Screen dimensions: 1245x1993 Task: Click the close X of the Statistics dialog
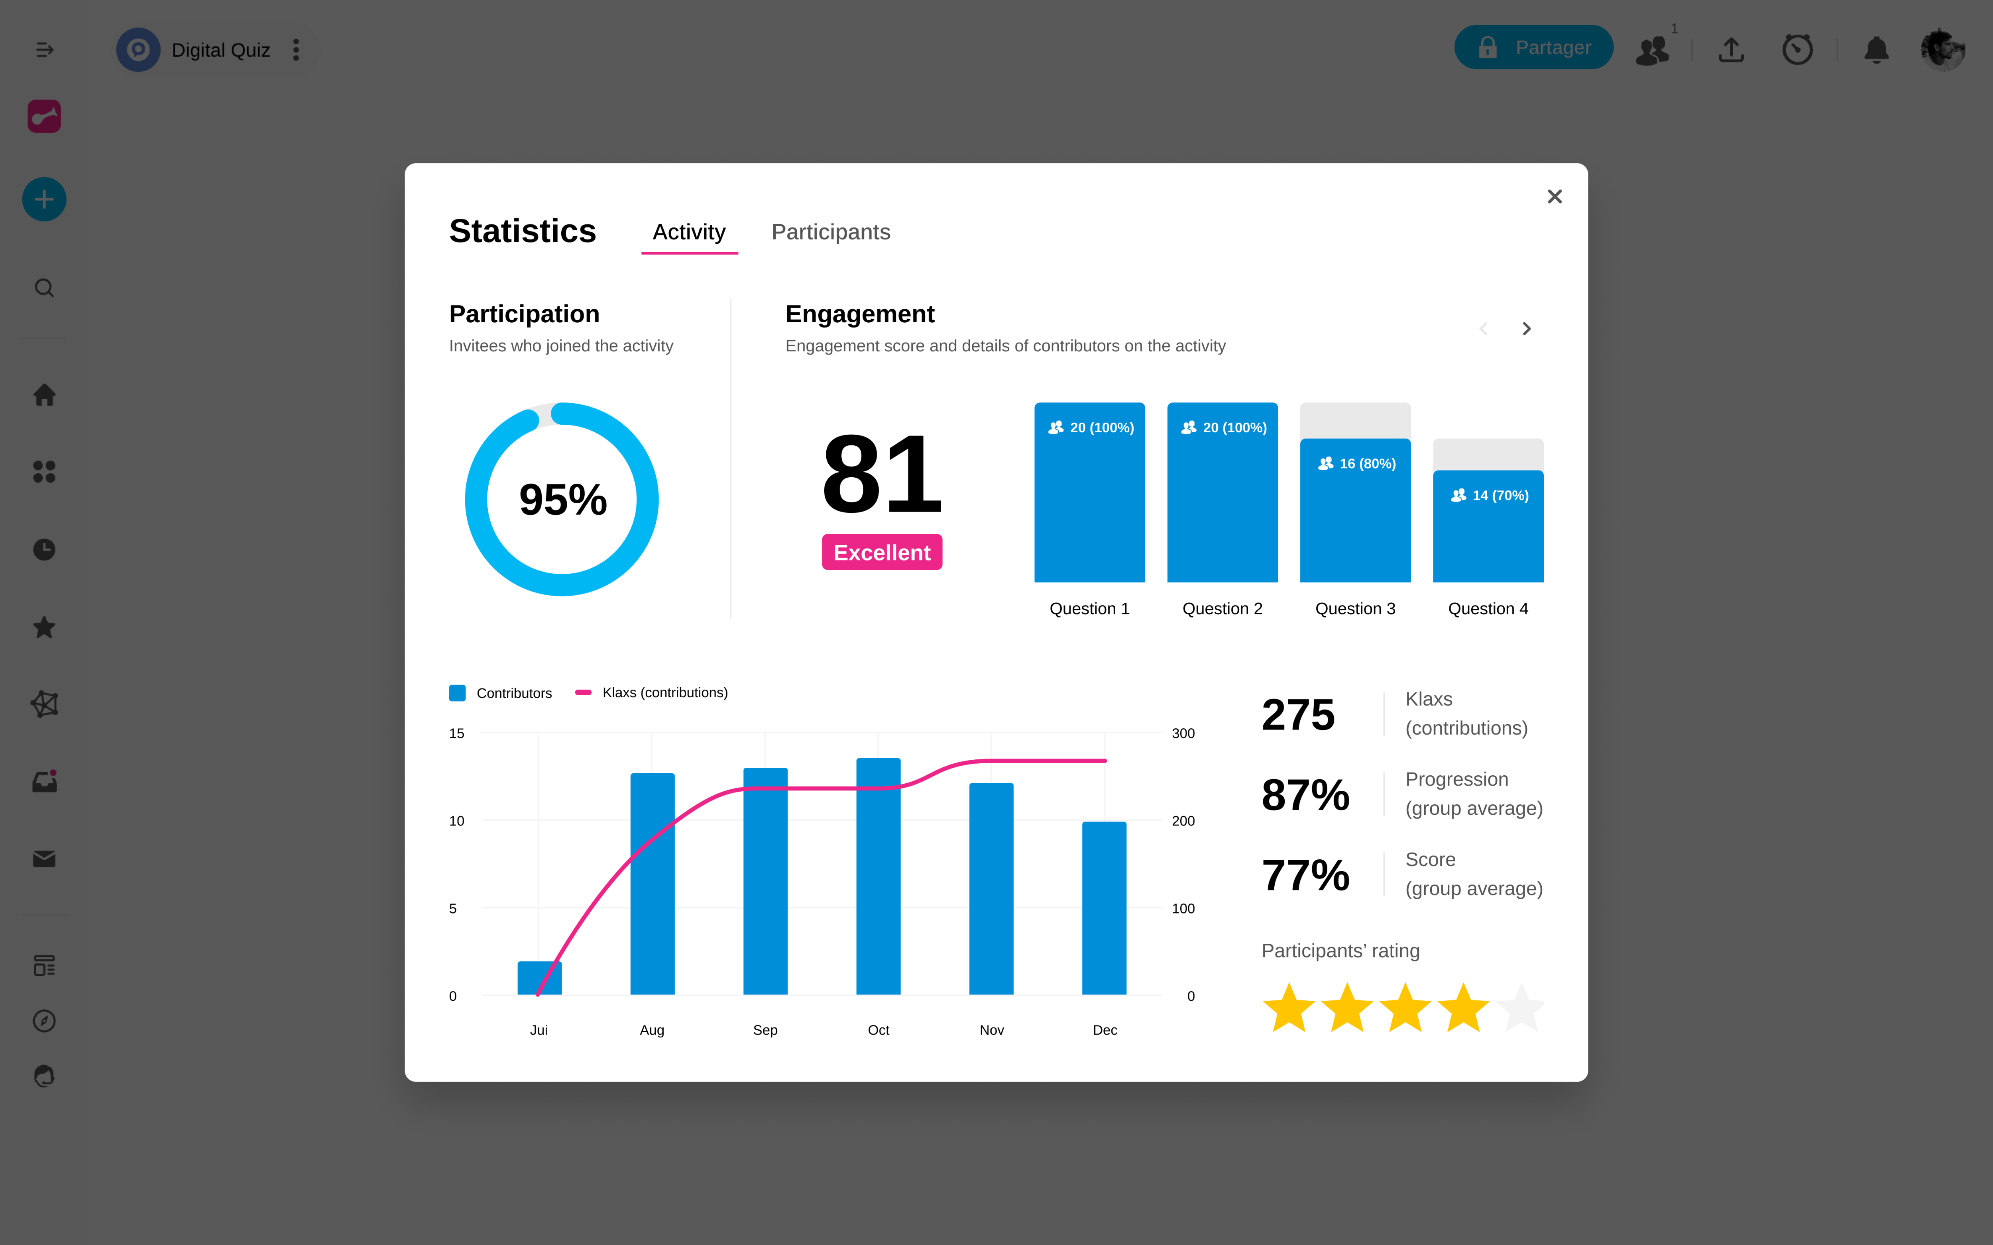[1554, 197]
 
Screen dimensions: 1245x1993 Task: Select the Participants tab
[830, 232]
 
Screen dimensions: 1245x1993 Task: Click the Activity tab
[688, 232]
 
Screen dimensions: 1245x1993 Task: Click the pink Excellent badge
[881, 553]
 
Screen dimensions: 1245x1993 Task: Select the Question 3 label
[1355, 608]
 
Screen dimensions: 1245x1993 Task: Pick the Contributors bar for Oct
[878, 877]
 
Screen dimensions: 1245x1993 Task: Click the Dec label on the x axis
[1105, 1030]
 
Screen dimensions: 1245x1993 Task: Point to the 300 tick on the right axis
[1183, 734]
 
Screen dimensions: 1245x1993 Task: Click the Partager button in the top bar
[1533, 48]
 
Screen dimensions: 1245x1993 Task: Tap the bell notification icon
[1876, 49]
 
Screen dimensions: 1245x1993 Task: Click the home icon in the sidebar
[45, 395]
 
